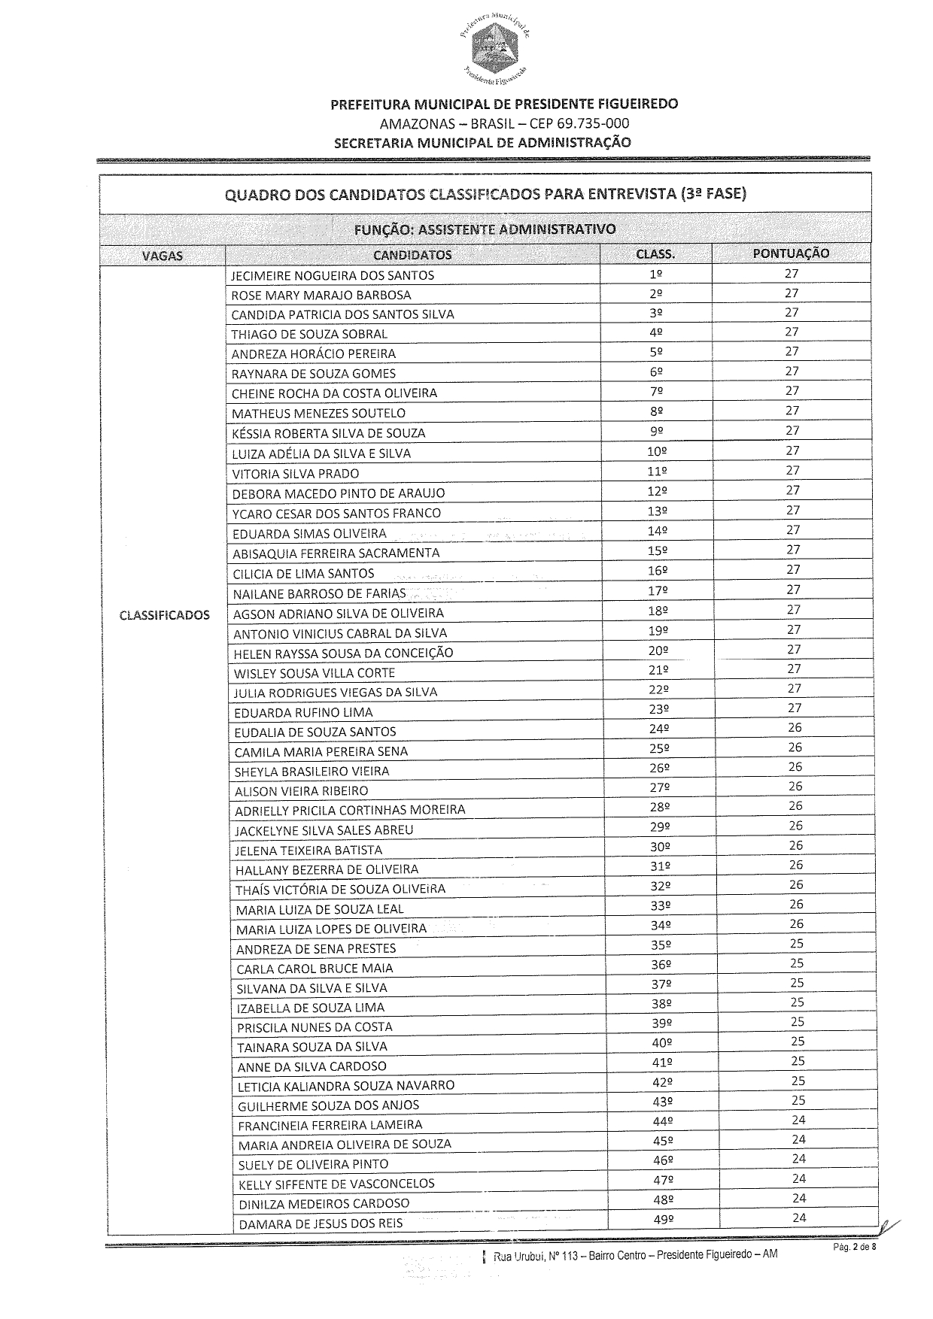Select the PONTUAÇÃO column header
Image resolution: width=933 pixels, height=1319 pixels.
tap(791, 253)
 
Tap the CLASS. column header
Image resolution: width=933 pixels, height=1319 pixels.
tap(655, 254)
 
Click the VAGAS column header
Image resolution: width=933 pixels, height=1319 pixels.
tap(162, 256)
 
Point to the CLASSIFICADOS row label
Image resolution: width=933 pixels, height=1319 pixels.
tap(165, 615)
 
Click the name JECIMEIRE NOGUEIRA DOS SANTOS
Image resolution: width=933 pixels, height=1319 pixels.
tap(333, 276)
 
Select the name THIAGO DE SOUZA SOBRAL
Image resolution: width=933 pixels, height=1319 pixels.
tap(309, 334)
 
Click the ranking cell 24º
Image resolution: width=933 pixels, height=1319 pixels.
tap(659, 729)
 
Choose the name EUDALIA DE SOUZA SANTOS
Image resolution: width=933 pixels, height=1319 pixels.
tap(315, 732)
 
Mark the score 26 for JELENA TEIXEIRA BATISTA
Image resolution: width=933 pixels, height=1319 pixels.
tap(796, 845)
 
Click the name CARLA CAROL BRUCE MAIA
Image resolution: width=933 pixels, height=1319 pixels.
tap(315, 969)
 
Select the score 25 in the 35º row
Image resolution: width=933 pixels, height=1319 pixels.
tap(797, 943)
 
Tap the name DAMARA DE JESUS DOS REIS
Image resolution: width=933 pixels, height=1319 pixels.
tap(321, 1224)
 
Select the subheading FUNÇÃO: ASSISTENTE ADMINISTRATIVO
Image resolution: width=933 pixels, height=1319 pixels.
tap(485, 229)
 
